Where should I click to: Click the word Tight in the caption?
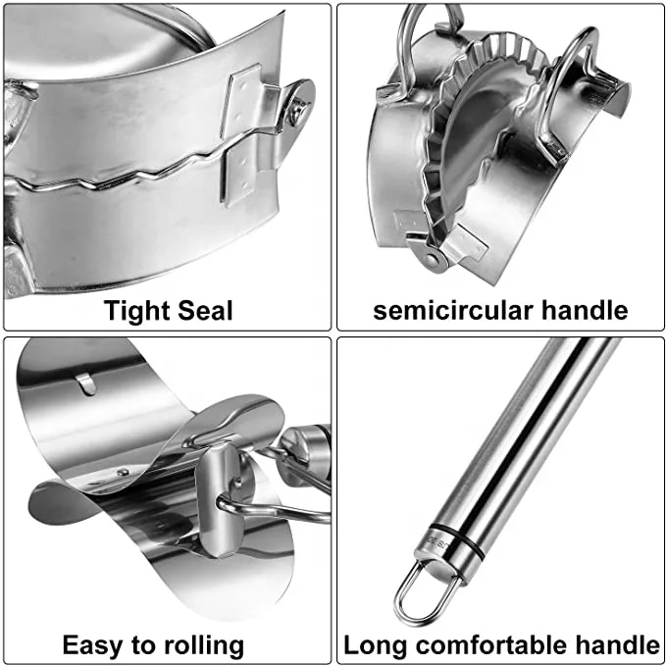pos(138,311)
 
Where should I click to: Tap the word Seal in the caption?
pos(203,311)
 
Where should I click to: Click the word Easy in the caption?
pos(95,644)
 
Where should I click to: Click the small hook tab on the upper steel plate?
pos(87,383)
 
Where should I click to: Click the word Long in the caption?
pos(377,644)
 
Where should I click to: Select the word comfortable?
pos(497,644)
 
